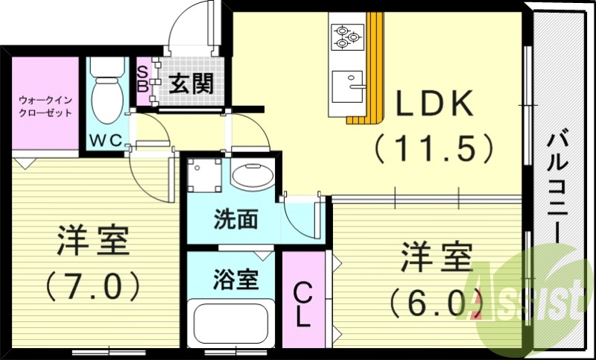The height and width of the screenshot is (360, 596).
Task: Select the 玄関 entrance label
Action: pyautogui.click(x=190, y=83)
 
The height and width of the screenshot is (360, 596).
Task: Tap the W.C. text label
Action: pyautogui.click(x=107, y=140)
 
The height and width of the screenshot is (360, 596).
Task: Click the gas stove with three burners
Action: pyautogui.click(x=346, y=37)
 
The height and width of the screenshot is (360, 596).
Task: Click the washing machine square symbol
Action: pyautogui.click(x=205, y=176)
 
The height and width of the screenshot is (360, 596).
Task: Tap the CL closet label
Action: pyautogui.click(x=302, y=304)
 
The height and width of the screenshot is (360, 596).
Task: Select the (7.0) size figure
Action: pyautogui.click(x=94, y=285)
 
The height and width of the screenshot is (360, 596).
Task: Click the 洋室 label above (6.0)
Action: pyautogui.click(x=437, y=258)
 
